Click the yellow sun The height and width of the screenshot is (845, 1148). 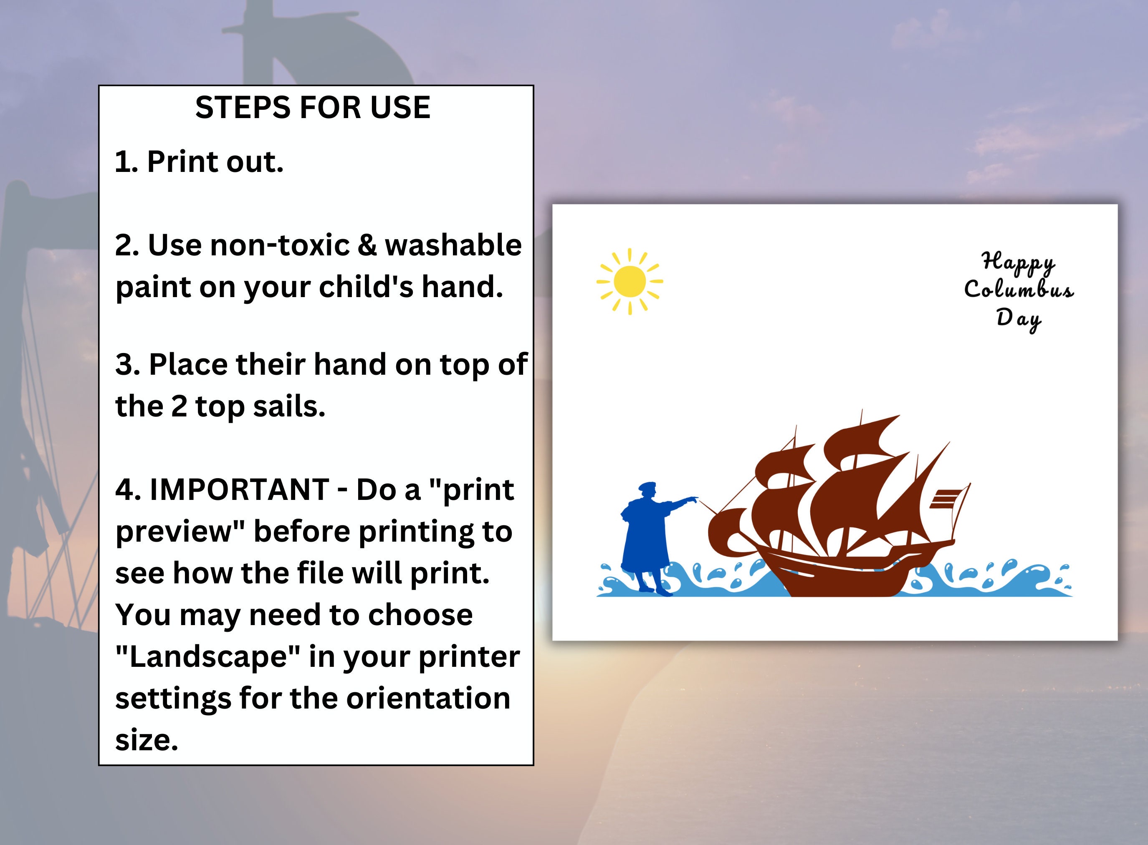click(x=629, y=281)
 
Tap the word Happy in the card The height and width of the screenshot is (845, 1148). click(x=1018, y=262)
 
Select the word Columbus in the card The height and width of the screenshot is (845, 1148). click(x=1019, y=290)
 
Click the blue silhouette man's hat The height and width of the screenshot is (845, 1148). click(x=647, y=485)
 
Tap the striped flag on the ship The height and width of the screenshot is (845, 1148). click(x=946, y=499)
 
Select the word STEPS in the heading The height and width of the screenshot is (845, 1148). click(x=243, y=108)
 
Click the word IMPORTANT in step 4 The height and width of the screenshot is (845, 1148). click(x=240, y=490)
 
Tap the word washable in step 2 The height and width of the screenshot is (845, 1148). click(x=453, y=245)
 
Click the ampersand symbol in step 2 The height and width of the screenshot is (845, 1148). click(x=366, y=245)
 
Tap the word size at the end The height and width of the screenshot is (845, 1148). click(x=146, y=740)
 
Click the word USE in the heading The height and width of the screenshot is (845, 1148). click(x=400, y=108)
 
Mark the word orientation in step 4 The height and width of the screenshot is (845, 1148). click(x=428, y=699)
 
